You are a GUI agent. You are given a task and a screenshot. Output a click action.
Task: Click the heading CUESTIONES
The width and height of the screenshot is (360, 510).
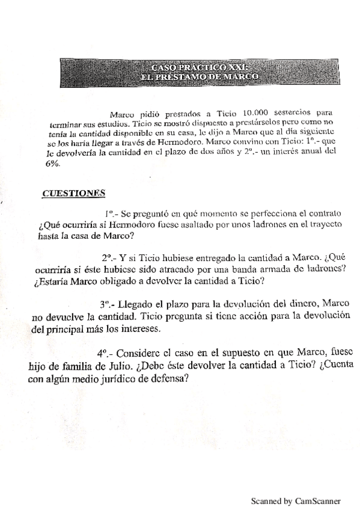[x=73, y=192]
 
